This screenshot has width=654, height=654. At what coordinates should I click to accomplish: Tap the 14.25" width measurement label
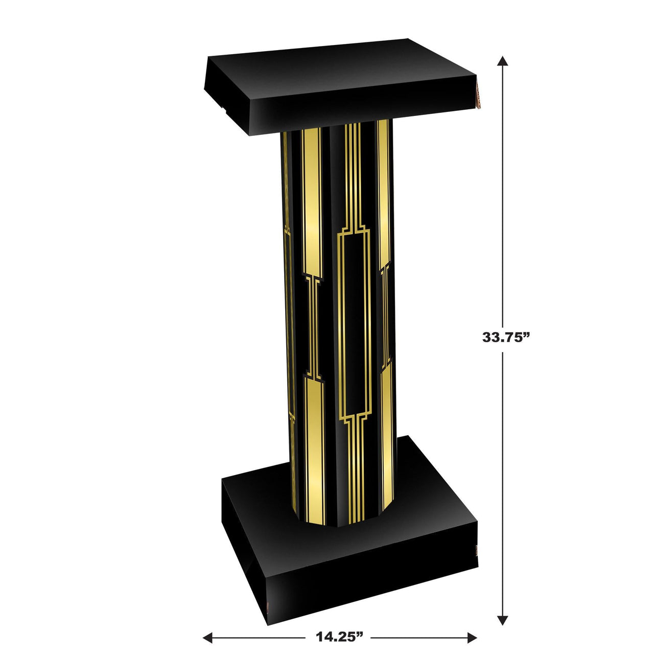(339, 637)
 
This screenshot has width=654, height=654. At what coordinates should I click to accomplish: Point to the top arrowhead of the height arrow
(503, 61)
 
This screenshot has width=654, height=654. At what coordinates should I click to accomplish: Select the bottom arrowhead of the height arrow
(503, 620)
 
